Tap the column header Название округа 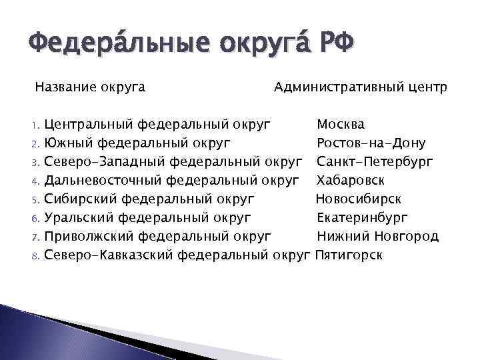coord(91,87)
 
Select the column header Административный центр coord(361,87)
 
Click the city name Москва coord(341,125)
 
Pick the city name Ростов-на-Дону coord(371,143)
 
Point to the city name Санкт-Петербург coord(375,162)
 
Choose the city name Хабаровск coord(351,181)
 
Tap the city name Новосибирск coord(359,199)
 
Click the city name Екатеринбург coord(363,217)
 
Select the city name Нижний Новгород coord(377,236)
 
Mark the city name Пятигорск coord(349,255)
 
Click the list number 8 coord(38,255)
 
